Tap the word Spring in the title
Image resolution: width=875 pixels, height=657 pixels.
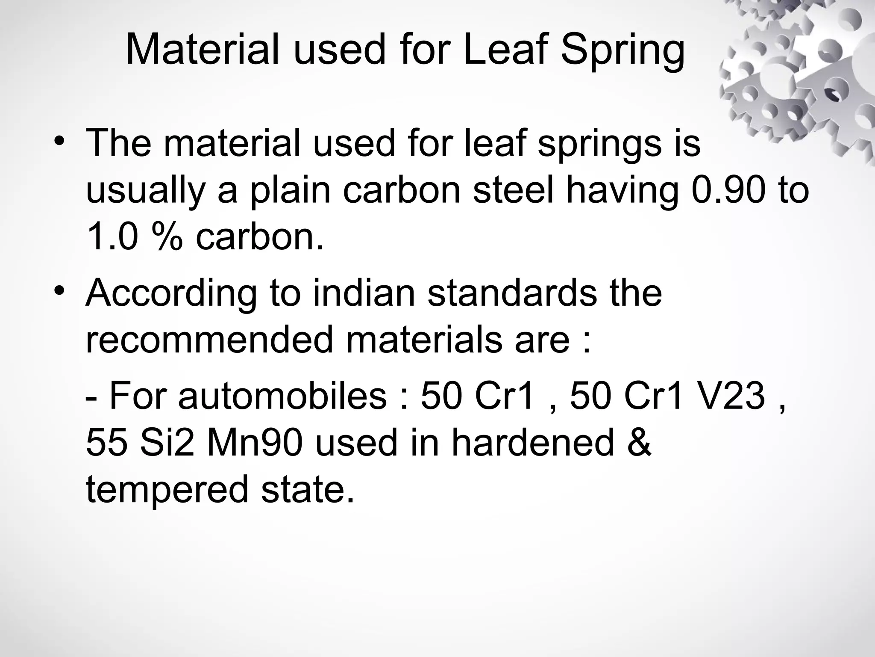(622, 52)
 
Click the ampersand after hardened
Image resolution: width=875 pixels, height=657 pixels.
(639, 443)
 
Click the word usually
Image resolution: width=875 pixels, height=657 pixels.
(146, 192)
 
